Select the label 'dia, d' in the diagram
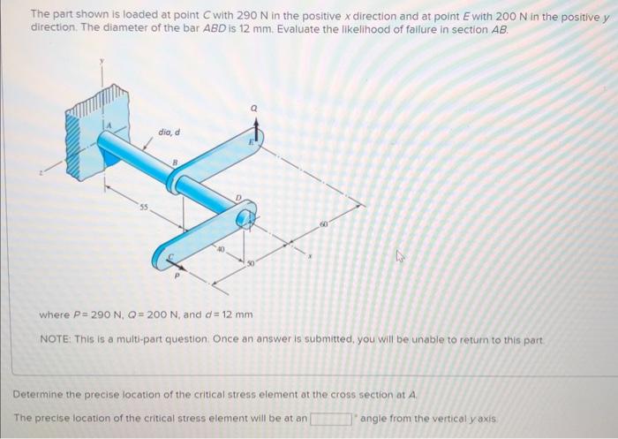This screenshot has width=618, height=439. [x=170, y=132]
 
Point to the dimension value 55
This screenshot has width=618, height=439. [x=141, y=205]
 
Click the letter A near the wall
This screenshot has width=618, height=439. [x=109, y=127]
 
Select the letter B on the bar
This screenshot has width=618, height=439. [x=175, y=162]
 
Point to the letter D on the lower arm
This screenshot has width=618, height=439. [x=237, y=197]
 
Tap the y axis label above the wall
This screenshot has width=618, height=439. [x=102, y=62]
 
